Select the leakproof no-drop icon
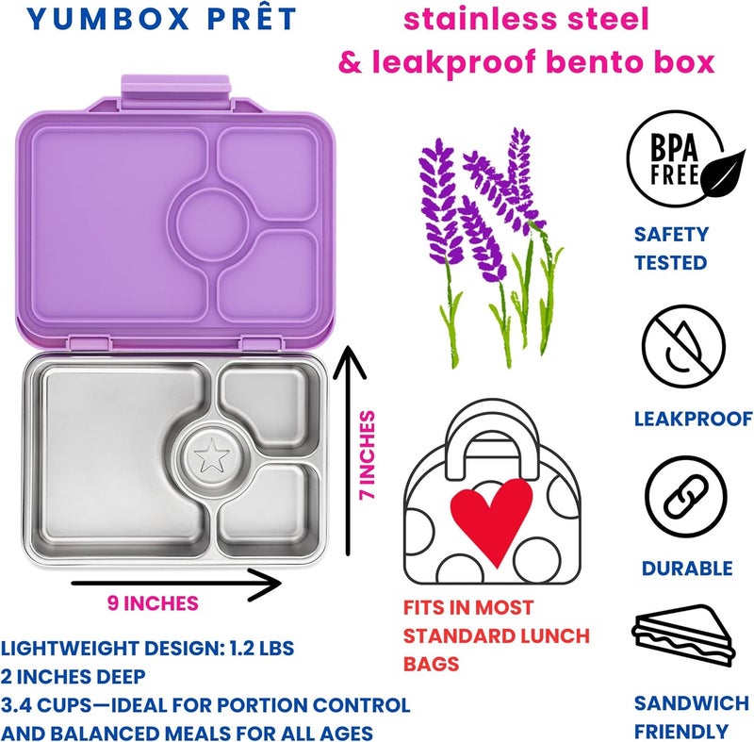coord(684,346)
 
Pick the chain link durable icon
coord(686,497)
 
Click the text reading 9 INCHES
coord(153,603)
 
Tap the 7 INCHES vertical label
coord(368,455)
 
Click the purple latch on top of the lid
coord(176,91)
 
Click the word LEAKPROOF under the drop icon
coord(694,419)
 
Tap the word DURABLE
coord(687,569)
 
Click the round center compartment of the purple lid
coord(212,223)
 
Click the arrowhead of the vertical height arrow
coord(349,362)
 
